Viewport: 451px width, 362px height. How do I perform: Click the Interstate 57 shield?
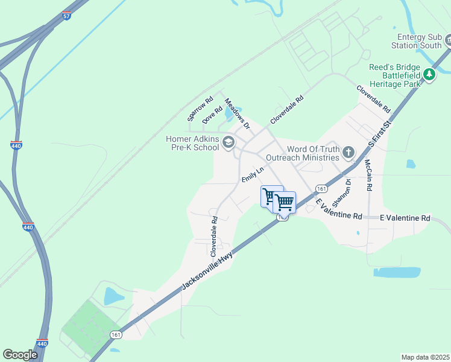click(66, 16)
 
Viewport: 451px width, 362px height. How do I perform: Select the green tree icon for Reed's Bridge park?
click(429, 74)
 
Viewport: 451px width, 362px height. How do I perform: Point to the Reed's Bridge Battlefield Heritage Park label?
click(395, 76)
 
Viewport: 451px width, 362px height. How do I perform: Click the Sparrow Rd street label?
click(200, 109)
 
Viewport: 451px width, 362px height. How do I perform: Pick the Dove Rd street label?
click(213, 115)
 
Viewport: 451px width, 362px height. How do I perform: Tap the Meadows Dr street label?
click(237, 114)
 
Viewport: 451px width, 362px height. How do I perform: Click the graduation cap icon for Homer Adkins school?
click(229, 142)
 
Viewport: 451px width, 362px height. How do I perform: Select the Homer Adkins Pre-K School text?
click(192, 143)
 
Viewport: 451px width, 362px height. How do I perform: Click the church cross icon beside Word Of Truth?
click(348, 153)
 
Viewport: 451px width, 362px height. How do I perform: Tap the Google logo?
click(20, 355)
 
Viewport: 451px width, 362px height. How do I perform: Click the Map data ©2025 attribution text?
click(425, 357)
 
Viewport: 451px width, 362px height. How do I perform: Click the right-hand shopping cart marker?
click(284, 202)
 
